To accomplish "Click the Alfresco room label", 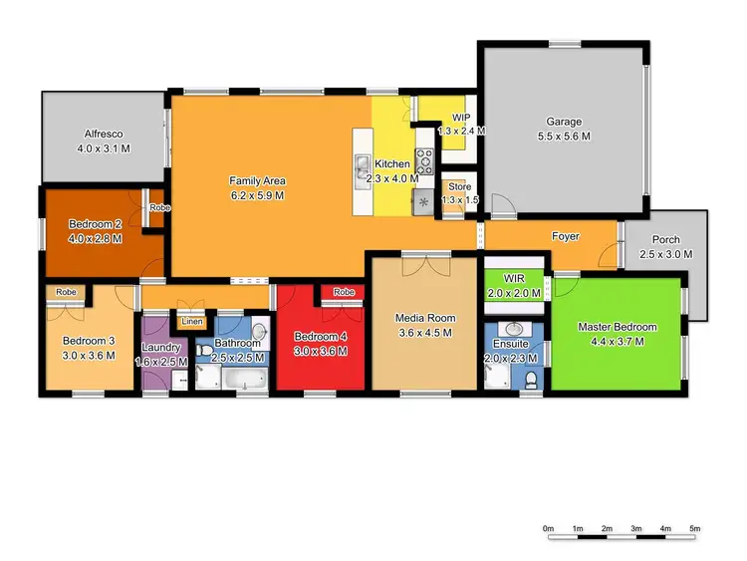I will tap(104, 134).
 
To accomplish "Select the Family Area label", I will tap(258, 180).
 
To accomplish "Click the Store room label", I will tap(459, 186).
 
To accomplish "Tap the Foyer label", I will tap(567, 236).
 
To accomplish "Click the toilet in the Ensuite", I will tap(532, 378).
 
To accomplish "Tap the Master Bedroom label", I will tap(618, 327).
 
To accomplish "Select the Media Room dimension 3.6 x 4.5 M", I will tap(426, 332).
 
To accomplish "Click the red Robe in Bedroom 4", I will tap(344, 292).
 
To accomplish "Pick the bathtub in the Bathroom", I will tap(242, 379).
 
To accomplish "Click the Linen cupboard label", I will tap(191, 322).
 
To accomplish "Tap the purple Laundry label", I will tap(161, 347).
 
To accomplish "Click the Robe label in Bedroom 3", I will tap(67, 292).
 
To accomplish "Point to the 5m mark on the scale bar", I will tap(695, 527).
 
